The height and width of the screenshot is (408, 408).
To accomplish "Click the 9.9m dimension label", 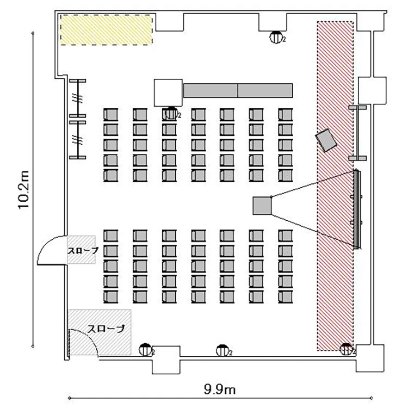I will (220, 390).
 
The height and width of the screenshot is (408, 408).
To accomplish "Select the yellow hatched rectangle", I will (106, 29).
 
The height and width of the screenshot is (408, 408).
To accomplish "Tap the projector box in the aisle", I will (262, 206).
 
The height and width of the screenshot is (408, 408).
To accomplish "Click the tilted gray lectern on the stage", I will (327, 140).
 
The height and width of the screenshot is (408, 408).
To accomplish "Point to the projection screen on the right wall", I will (357, 208).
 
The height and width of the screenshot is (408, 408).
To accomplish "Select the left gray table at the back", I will (211, 90).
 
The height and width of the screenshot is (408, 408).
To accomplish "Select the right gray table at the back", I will (265, 90).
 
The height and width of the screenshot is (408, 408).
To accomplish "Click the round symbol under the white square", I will (172, 114).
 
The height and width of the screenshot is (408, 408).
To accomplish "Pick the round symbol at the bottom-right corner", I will (346, 349).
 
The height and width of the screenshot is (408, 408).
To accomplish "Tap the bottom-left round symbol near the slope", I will (145, 349).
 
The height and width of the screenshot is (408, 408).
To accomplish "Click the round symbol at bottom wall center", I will (222, 349).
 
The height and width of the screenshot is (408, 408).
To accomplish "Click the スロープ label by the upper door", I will (83, 250).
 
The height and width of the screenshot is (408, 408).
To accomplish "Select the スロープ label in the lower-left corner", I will (106, 329).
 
